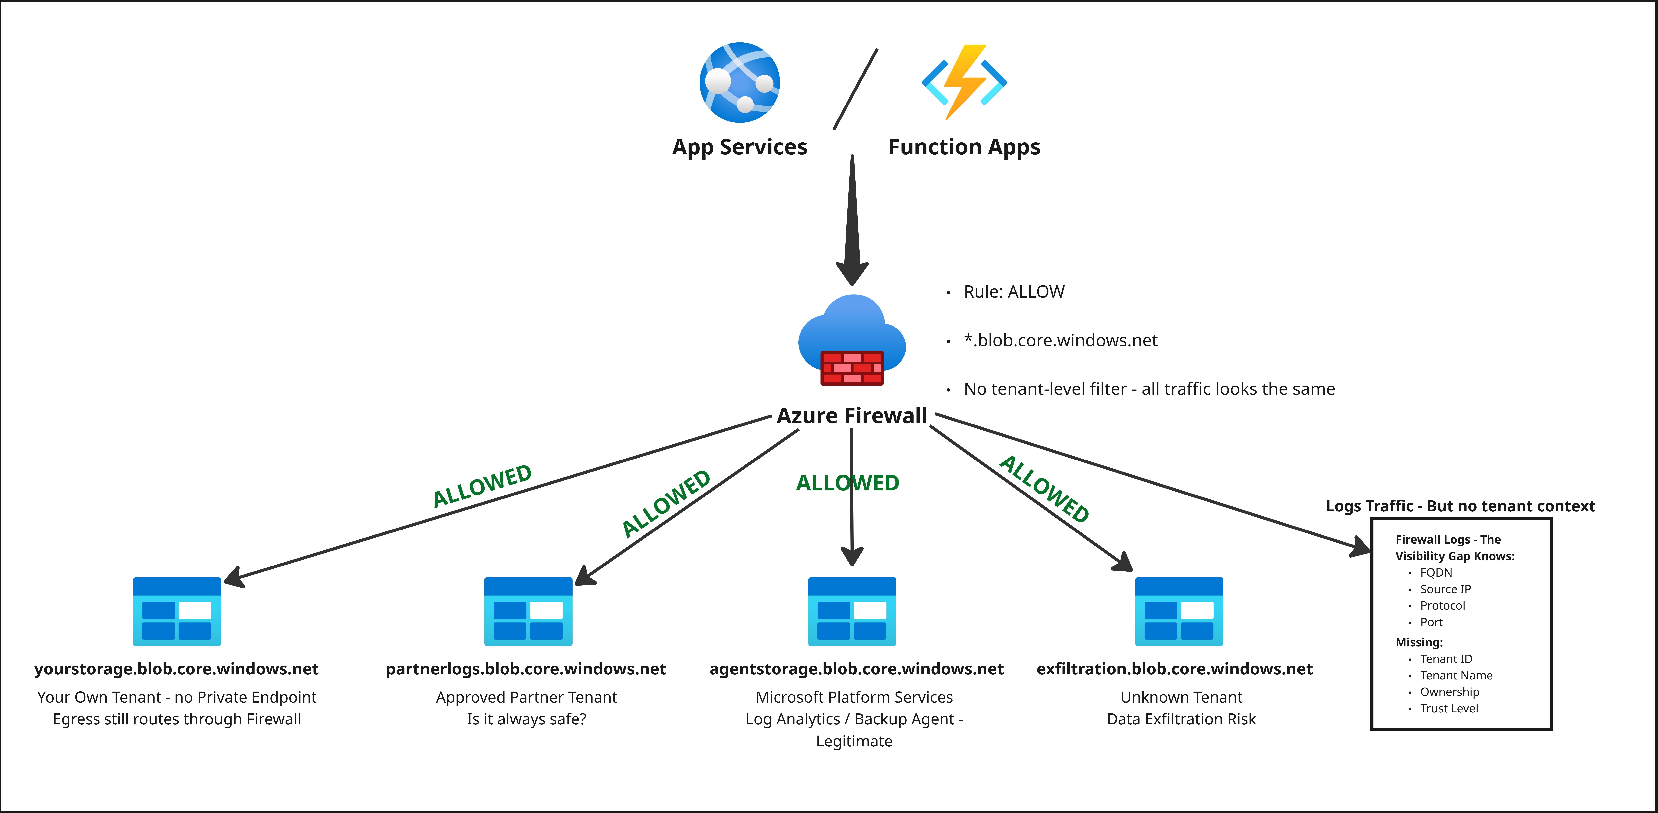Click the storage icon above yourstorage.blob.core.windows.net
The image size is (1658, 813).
click(177, 611)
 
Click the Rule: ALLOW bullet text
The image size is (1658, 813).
click(1014, 292)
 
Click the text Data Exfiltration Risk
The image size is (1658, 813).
click(1181, 719)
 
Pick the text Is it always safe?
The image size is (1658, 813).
click(527, 719)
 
